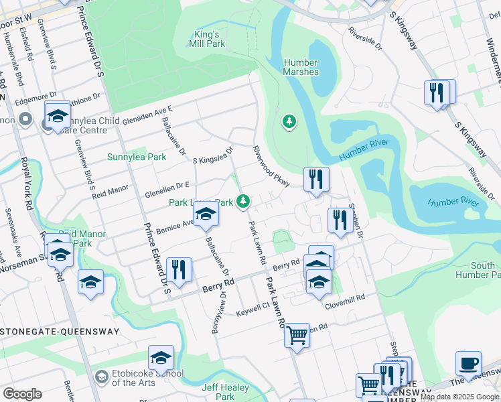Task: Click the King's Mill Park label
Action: coord(206,39)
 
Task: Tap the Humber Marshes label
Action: coord(301,67)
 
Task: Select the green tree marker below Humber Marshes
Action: coord(289,122)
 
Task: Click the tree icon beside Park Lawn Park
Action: coord(244,200)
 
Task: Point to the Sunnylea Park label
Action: coord(137,157)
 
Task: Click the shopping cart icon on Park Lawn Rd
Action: coord(297,334)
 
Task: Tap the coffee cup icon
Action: coord(468,362)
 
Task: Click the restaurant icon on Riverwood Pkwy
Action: coord(316,178)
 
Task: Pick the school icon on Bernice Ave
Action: coord(206,214)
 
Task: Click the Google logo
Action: coord(22,393)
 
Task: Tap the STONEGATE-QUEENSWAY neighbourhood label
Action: coord(60,332)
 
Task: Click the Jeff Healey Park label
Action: coord(218,392)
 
